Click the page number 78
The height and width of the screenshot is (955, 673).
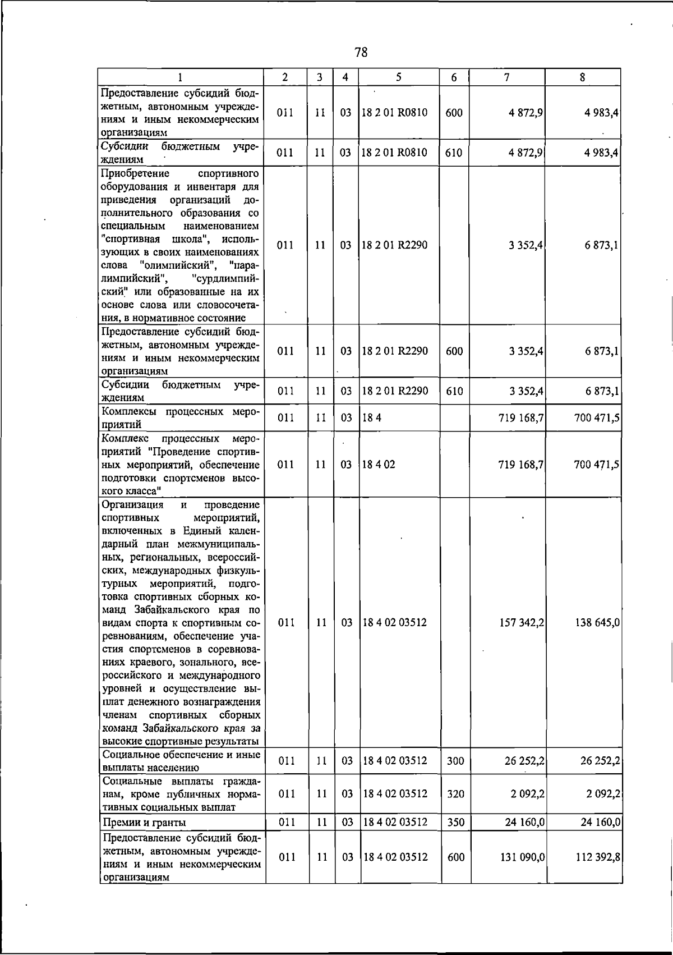pos(361,53)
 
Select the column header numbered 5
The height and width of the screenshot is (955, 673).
pos(398,77)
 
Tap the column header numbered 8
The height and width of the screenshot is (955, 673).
pos(583,77)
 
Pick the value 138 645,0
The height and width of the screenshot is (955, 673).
pos(597,623)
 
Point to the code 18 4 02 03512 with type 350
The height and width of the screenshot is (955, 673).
pos(395,822)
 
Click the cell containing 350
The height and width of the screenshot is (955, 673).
pos(456,822)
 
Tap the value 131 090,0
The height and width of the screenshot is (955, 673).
pos(521,857)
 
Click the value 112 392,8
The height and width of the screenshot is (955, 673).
pos(597,857)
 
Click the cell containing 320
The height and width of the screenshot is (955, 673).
pos(456,794)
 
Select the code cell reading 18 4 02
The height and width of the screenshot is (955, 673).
pos(379,465)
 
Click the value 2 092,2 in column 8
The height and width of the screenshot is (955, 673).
pos(601,794)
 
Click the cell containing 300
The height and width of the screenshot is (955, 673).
pos(456,761)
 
